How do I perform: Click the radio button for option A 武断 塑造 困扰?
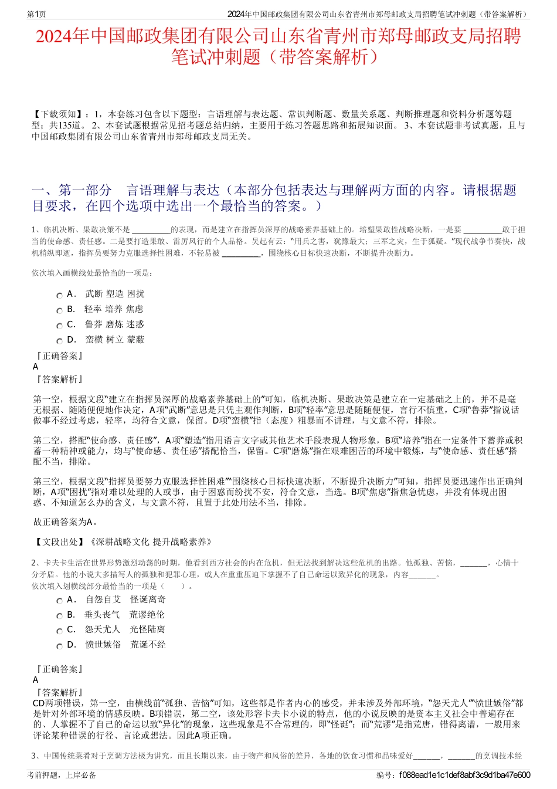pyautogui.click(x=59, y=296)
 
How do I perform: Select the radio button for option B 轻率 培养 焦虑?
pyautogui.click(x=59, y=311)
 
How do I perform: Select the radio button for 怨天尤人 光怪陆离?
pyautogui.click(x=59, y=631)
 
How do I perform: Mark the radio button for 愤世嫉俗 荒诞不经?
pyautogui.click(x=59, y=646)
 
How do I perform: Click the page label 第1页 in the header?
pyautogui.click(x=36, y=14)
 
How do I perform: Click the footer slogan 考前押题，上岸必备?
pyautogui.click(x=62, y=775)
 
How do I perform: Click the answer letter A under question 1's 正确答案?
pyautogui.click(x=36, y=367)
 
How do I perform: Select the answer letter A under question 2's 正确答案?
pyautogui.click(x=36, y=680)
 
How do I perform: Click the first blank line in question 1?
pyautogui.click(x=151, y=231)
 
